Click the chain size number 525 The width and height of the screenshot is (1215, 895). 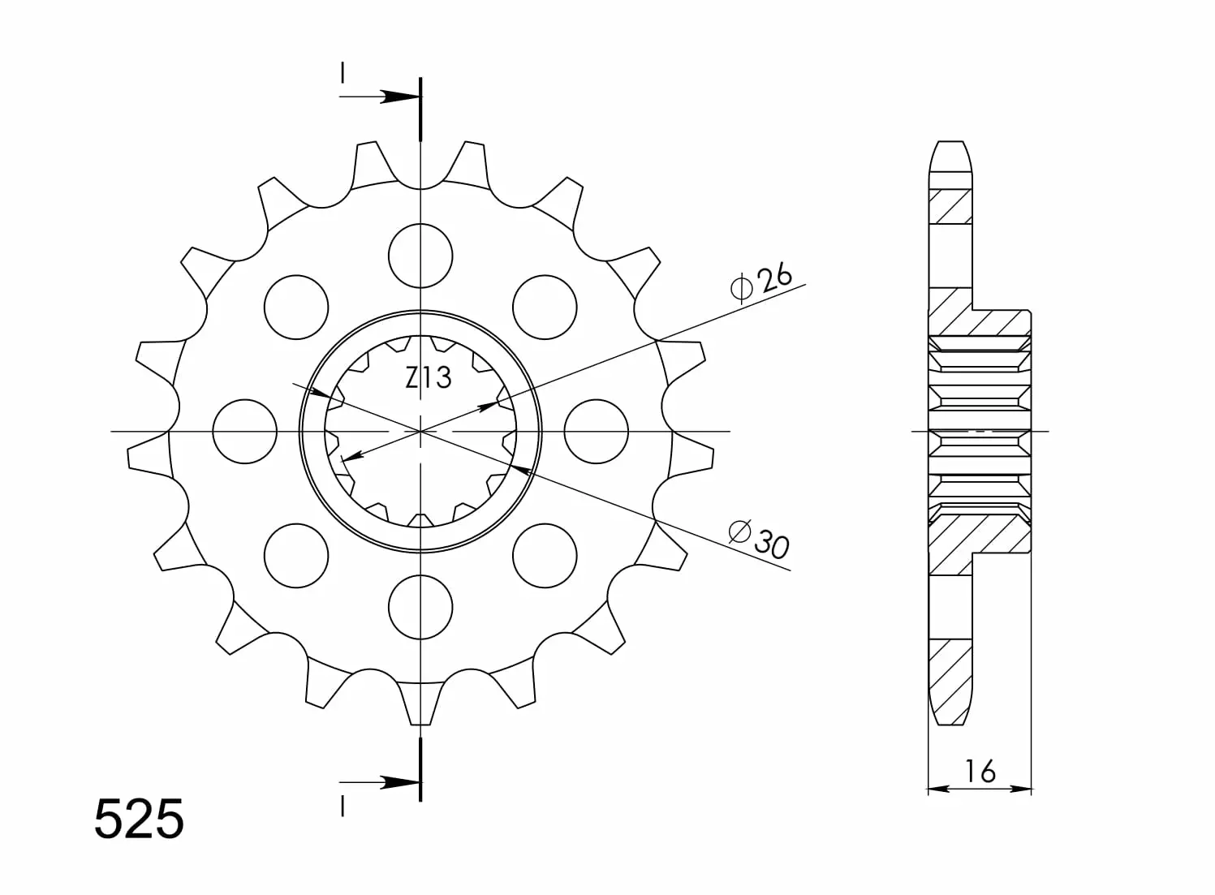click(x=140, y=819)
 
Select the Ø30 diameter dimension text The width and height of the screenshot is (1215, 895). click(x=758, y=540)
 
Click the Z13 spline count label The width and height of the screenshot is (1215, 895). click(x=428, y=378)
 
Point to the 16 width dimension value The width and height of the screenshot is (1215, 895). click(x=980, y=772)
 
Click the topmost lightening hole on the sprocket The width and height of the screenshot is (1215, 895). click(x=420, y=256)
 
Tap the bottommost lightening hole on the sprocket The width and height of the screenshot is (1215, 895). click(x=420, y=608)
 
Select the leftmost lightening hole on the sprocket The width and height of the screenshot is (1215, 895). click(x=244, y=432)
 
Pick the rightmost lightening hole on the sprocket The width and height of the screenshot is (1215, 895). click(x=596, y=432)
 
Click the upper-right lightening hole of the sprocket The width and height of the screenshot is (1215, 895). click(x=545, y=308)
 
